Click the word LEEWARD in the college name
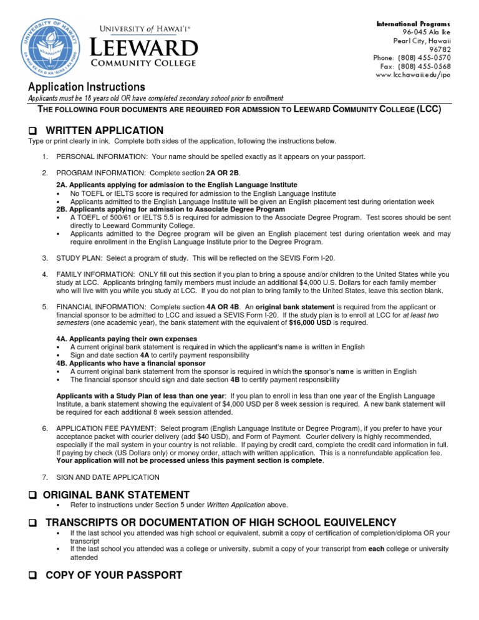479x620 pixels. tap(145, 47)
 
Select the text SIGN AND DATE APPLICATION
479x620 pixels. tap(108, 477)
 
